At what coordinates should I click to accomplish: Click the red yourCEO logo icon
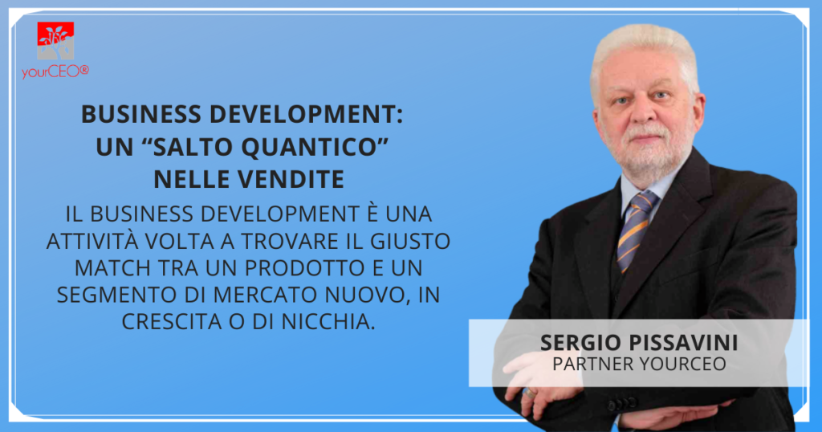tap(55, 41)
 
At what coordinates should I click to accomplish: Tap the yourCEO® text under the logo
tap(55, 71)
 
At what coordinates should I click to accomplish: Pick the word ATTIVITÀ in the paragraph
tap(92, 240)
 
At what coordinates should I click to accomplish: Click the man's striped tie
tap(636, 230)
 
